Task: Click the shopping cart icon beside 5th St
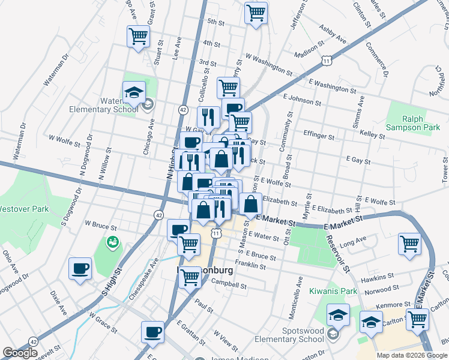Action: pyautogui.click(x=256, y=13)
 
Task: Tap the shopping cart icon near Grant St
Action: pyautogui.click(x=138, y=37)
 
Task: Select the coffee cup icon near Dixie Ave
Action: pyautogui.click(x=80, y=268)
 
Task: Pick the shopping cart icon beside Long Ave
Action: pyautogui.click(x=409, y=244)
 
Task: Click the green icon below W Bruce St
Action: pyautogui.click(x=112, y=242)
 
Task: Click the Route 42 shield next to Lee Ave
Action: pyautogui.click(x=183, y=110)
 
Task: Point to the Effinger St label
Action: pyautogui.click(x=319, y=136)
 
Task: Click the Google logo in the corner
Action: pyautogui.click(x=20, y=353)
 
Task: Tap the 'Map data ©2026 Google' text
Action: pyautogui.click(x=412, y=355)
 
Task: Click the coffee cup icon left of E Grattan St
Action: pyautogui.click(x=152, y=332)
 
